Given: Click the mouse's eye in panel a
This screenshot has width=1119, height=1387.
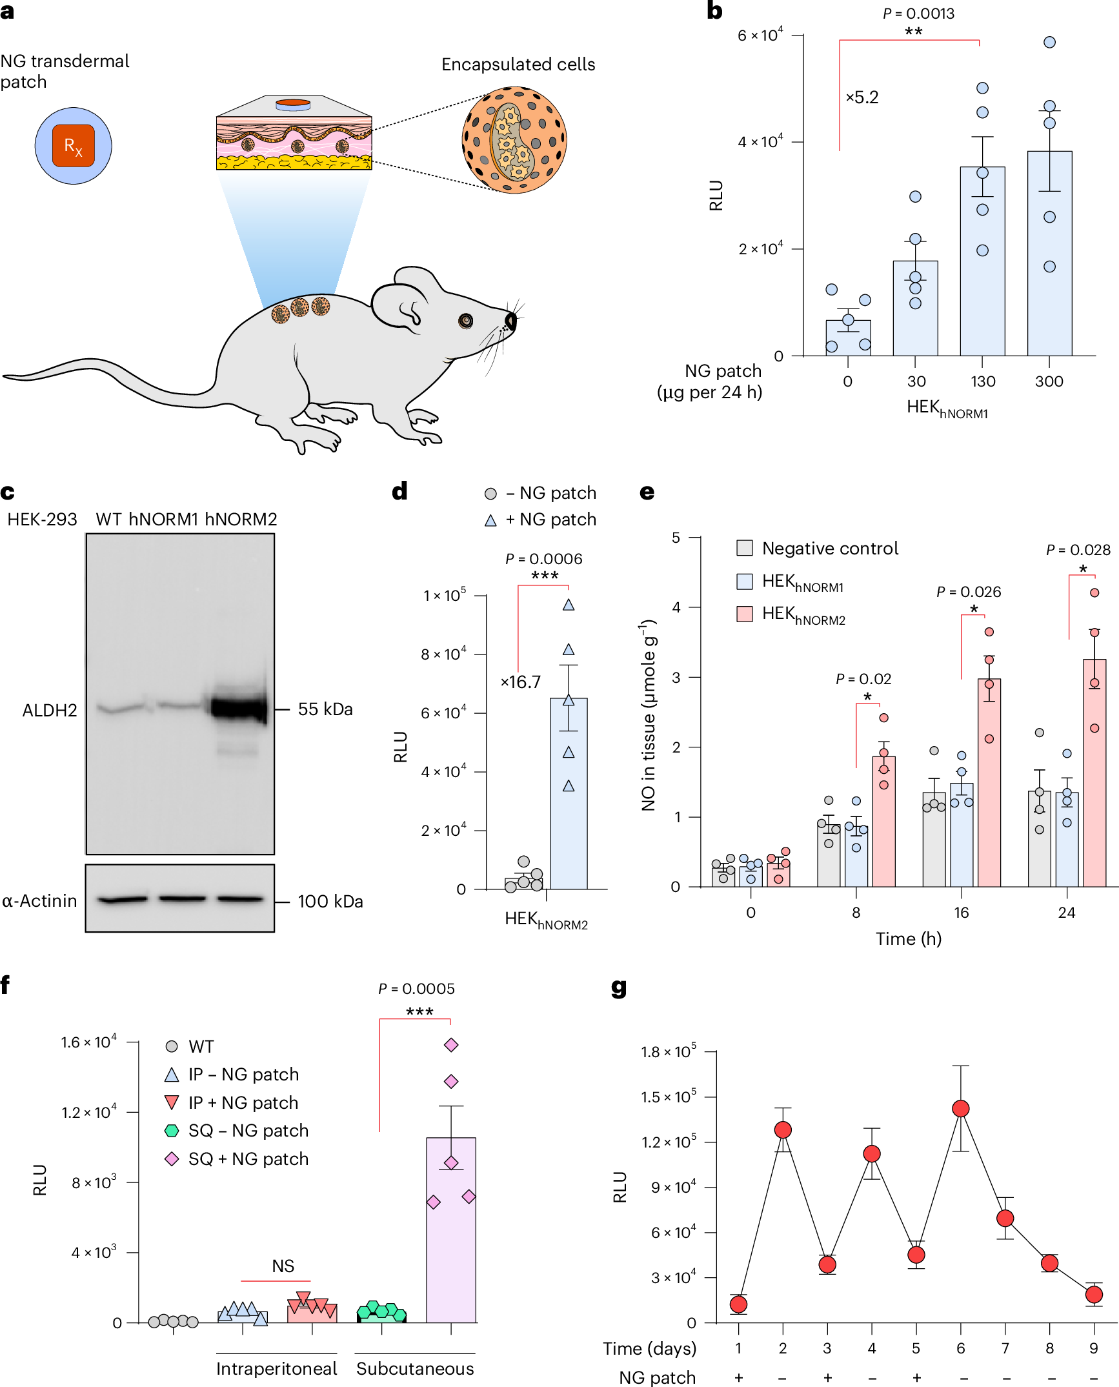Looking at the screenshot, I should (x=465, y=320).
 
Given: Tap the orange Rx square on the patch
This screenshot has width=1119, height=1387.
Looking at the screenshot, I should (x=74, y=146).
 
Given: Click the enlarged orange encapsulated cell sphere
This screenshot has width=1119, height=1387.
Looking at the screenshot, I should (x=514, y=140).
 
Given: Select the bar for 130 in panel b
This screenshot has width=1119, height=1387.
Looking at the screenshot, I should (x=982, y=271).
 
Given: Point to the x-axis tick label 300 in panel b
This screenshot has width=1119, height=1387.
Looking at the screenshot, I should (x=1049, y=381).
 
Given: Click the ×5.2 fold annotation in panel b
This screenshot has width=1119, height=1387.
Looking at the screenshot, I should (x=862, y=97).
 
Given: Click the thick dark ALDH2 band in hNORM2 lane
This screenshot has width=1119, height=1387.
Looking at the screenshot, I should (x=239, y=708).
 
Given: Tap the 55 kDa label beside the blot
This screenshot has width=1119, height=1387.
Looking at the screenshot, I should (x=325, y=709).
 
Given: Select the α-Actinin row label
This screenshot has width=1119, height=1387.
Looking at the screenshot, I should (x=39, y=900).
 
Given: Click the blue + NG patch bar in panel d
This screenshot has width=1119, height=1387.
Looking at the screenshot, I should (x=569, y=807).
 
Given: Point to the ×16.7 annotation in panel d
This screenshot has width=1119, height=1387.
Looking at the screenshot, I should (x=521, y=682).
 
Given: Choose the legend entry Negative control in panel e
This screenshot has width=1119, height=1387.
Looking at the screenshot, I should (x=830, y=549).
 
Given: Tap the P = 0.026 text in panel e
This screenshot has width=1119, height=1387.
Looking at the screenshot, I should (x=969, y=592).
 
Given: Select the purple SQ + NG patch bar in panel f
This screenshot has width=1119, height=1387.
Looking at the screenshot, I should (x=451, y=1239).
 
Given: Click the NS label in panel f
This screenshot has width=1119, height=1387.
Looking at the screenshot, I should (x=283, y=1266).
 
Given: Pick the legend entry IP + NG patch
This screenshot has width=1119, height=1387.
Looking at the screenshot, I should (x=243, y=1102).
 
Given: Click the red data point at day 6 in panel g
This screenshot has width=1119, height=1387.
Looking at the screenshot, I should (x=960, y=1108).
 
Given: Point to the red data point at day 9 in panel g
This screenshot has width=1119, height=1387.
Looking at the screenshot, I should (x=1094, y=1294).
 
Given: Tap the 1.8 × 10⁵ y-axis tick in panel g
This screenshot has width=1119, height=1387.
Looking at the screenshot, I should (x=668, y=1052).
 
